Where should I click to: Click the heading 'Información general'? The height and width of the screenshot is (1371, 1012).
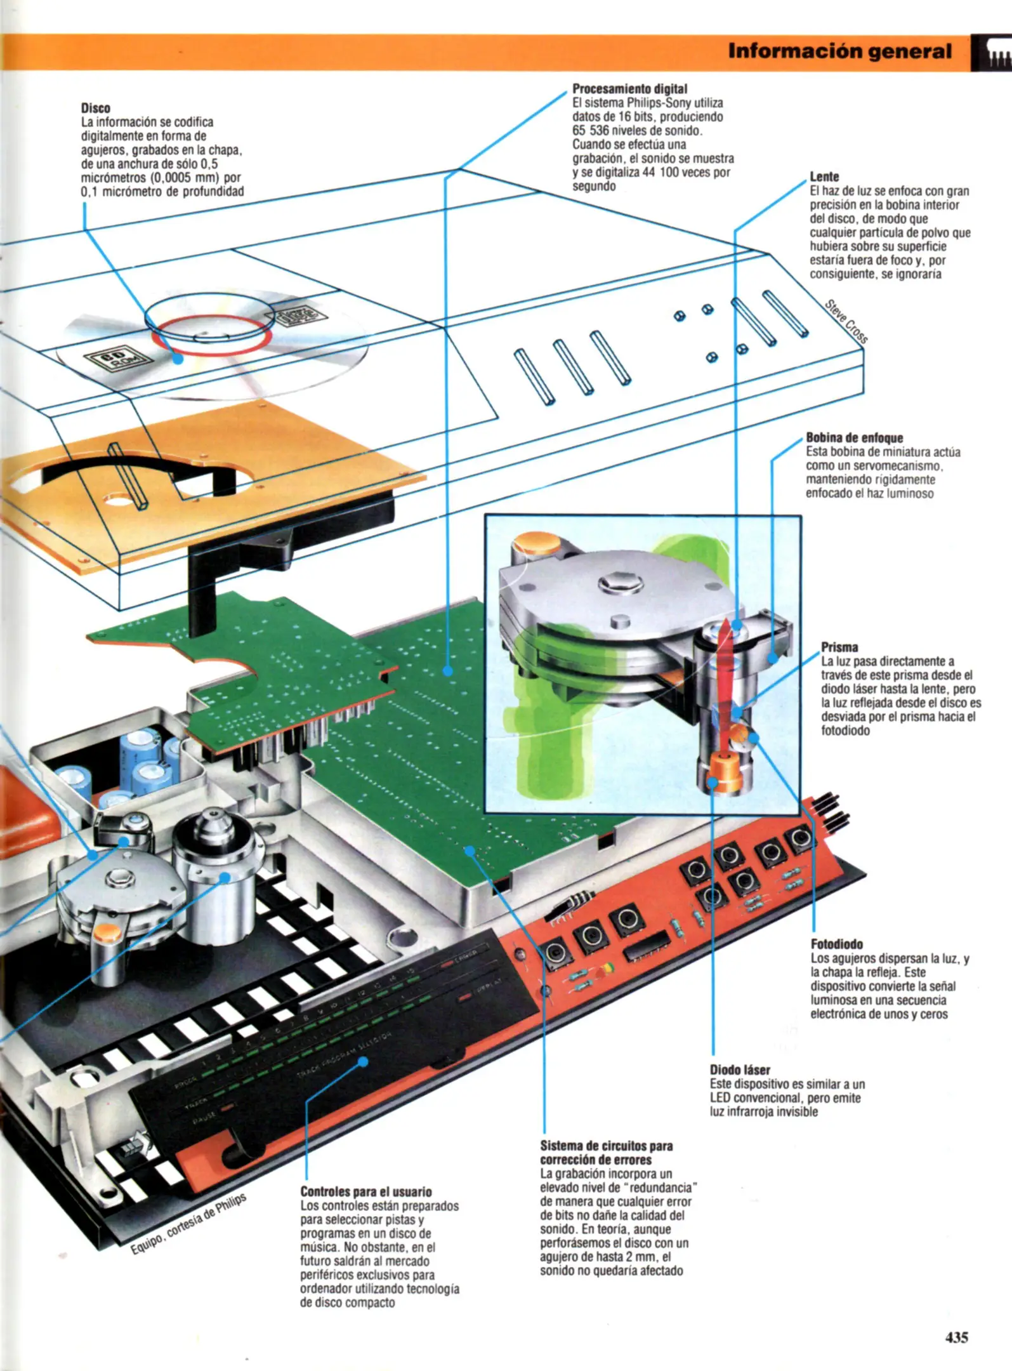[839, 51]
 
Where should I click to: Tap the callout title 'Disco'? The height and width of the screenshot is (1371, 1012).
[95, 108]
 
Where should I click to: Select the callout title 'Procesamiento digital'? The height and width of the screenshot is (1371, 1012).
[629, 89]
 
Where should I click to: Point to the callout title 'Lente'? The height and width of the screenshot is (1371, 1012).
[824, 176]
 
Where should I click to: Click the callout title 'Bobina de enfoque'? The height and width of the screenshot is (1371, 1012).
[854, 438]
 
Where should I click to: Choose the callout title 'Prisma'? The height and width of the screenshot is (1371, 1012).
[839, 647]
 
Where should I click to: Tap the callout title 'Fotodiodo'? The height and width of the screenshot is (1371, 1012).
[836, 944]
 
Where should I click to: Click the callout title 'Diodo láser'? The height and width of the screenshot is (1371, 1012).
[740, 1070]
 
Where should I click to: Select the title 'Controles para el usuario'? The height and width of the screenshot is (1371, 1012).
[365, 1192]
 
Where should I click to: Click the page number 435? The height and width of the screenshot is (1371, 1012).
[956, 1337]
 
